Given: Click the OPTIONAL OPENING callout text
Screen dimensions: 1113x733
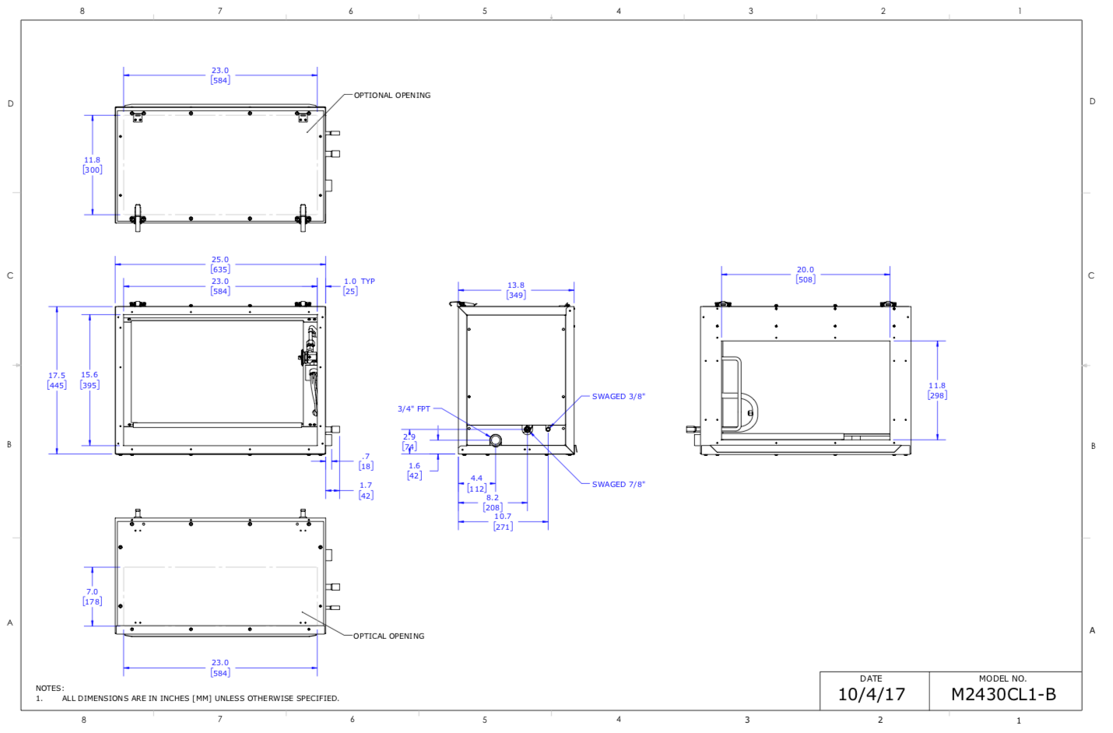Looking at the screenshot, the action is (392, 96).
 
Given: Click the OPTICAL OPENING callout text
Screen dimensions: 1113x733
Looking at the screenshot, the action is (388, 637).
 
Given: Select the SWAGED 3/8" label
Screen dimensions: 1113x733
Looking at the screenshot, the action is (618, 396).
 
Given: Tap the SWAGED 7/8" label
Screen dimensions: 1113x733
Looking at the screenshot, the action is (618, 484).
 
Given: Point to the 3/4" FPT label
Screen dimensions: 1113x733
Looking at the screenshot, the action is (413, 409).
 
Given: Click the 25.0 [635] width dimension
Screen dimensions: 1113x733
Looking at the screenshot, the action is (220, 265).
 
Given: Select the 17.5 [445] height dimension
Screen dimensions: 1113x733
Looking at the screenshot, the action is (57, 381).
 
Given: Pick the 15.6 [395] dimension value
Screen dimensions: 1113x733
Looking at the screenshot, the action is (90, 380).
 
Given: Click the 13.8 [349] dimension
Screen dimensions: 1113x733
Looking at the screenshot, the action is (516, 290).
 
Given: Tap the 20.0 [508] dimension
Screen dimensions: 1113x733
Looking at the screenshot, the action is (806, 275).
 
